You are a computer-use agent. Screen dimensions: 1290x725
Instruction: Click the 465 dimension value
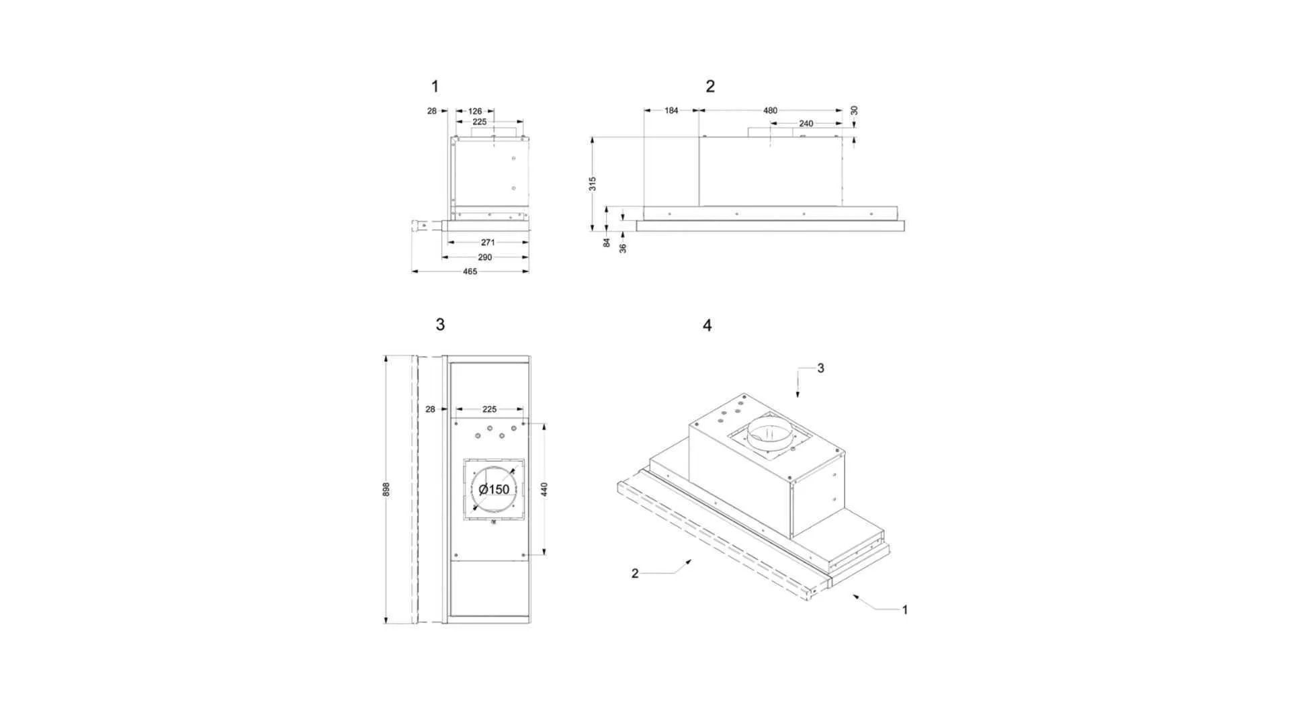coord(470,271)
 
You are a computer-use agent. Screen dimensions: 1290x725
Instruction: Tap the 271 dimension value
coord(488,242)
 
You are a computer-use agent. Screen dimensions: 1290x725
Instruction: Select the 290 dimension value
coord(484,257)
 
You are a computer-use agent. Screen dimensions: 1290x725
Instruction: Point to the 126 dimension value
coord(475,112)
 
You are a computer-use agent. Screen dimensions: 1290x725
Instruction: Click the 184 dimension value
coord(671,111)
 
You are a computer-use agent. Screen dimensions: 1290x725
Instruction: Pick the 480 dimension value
coord(770,111)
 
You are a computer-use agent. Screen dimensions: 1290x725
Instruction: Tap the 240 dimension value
coord(806,124)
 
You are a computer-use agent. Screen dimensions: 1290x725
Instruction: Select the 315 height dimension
coord(593,184)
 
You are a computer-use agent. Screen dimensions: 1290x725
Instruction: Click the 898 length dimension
coord(386,489)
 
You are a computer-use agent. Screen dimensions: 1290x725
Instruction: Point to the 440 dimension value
coord(544,489)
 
